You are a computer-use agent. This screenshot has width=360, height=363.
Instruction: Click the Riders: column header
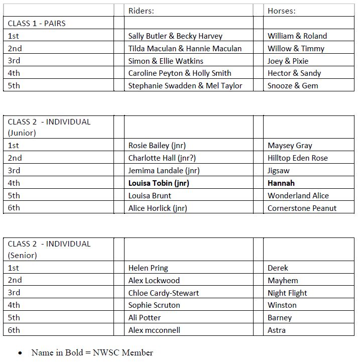[x=141, y=11]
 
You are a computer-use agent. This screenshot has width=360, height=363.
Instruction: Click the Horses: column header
[x=281, y=11]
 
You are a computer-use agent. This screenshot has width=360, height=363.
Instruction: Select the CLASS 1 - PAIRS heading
[x=37, y=23]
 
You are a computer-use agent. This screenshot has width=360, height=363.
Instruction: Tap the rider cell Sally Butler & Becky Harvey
[x=175, y=36]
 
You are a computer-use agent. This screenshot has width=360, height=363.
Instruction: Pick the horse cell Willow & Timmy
[x=296, y=49]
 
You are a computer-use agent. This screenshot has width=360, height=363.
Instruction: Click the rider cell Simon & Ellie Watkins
[x=166, y=61]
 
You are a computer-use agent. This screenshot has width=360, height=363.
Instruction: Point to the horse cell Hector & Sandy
[x=294, y=73]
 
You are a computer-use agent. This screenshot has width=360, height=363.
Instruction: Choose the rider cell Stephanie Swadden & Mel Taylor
[x=185, y=86]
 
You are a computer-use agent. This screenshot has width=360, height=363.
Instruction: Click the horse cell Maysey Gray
[x=290, y=146]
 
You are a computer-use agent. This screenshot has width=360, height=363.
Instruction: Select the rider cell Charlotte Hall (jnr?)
[x=162, y=158]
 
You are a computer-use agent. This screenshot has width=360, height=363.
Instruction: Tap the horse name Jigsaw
[x=279, y=171]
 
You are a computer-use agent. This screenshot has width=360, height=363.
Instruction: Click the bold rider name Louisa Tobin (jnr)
[x=159, y=183]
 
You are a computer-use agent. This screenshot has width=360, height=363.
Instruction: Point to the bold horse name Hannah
[x=281, y=183]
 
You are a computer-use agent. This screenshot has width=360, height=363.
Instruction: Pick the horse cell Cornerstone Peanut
[x=302, y=208]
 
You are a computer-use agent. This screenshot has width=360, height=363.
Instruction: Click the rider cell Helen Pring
[x=148, y=268]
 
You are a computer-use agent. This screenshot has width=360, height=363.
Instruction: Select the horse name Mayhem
[x=283, y=281]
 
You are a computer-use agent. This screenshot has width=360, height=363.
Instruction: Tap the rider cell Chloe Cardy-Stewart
[x=164, y=293]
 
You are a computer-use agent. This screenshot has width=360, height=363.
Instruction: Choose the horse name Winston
[x=282, y=305]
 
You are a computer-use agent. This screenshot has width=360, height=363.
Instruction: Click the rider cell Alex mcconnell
[x=154, y=330]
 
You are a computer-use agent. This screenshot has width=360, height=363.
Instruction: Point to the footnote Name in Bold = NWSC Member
[x=92, y=352]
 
